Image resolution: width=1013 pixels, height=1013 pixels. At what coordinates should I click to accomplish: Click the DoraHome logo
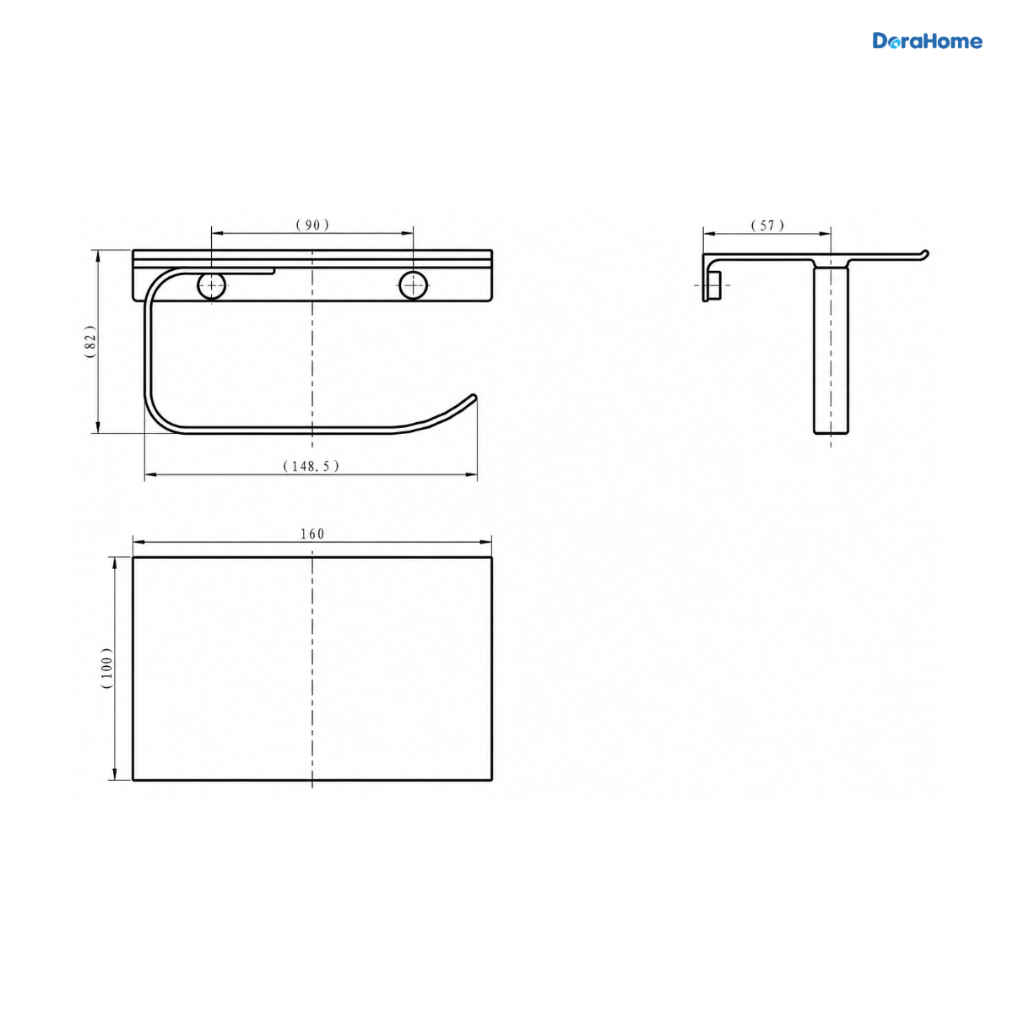coord(927,41)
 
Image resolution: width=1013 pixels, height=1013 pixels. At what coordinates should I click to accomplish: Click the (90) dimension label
coord(312,225)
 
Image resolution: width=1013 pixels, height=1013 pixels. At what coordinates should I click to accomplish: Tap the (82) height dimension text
coord(89,342)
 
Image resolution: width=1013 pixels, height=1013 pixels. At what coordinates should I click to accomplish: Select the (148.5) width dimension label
coord(311,466)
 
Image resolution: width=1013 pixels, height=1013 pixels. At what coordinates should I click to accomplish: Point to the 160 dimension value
coord(312,534)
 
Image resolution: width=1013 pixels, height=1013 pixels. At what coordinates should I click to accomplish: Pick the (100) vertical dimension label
coord(106,668)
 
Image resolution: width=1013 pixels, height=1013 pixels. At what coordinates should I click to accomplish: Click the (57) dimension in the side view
coord(767,225)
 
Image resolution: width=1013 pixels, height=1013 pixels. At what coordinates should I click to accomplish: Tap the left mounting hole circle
coord(211,286)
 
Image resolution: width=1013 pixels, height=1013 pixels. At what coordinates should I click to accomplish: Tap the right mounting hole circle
coord(413,286)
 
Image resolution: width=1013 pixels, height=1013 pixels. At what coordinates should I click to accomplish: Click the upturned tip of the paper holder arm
coord(474,397)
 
